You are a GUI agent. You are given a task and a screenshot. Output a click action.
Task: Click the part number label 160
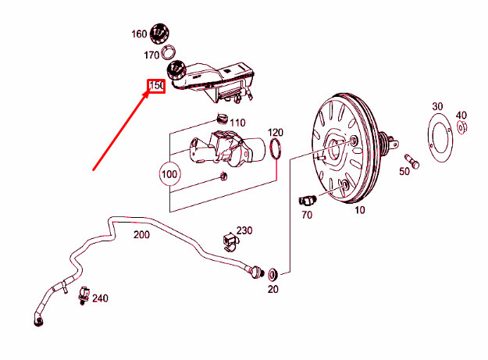pos(138,34)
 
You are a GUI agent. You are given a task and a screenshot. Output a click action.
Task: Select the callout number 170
pos(151,55)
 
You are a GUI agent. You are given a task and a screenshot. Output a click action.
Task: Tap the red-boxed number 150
pos(156,85)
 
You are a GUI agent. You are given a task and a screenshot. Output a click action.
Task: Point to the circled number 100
pos(169,172)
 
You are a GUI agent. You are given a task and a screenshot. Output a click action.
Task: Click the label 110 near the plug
pos(237,123)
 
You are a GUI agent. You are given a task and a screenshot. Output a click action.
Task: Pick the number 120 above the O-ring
pos(276,132)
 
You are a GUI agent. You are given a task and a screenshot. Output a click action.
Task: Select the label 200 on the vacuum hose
pos(141,234)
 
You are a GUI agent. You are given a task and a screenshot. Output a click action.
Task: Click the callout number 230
pos(244,230)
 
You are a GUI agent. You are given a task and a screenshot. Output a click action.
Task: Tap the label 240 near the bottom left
pos(100,298)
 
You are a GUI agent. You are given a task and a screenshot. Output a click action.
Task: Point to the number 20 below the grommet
pos(272,290)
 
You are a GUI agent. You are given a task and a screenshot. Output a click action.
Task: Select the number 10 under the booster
pos(359,210)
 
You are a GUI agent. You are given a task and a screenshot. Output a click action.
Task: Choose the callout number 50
pos(404,172)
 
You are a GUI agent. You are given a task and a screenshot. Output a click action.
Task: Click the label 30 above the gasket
pos(436,106)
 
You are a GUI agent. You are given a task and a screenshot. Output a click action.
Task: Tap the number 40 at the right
pos(461,115)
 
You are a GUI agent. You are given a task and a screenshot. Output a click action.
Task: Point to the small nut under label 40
pos(461,127)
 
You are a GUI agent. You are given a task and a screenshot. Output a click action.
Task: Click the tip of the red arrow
pos(150,92)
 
